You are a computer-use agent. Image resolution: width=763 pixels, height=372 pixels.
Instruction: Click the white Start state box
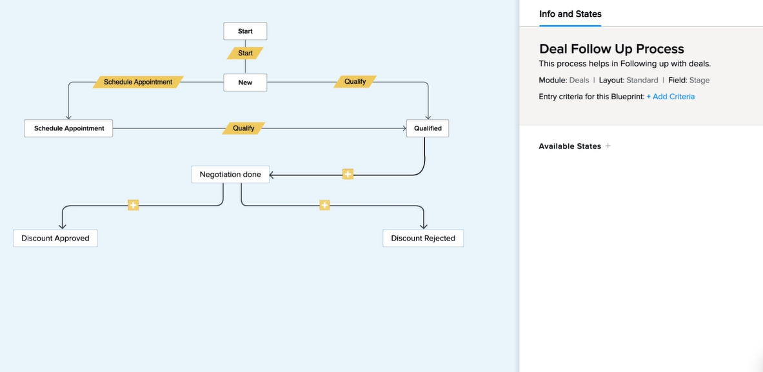pyautogui.click(x=245, y=31)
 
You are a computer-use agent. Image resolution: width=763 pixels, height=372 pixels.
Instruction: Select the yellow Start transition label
pyautogui.click(x=245, y=53)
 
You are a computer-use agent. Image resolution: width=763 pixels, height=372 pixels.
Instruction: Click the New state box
pyautogui.click(x=245, y=83)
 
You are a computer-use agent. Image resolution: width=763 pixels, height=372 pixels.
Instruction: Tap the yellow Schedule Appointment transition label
pyautogui.click(x=138, y=82)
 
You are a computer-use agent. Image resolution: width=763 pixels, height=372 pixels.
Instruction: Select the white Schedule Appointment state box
pyautogui.click(x=68, y=128)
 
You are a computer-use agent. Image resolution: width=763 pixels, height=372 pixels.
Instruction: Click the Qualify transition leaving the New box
pyautogui.click(x=355, y=82)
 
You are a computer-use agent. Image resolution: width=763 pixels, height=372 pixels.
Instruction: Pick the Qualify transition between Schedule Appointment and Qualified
pyautogui.click(x=243, y=128)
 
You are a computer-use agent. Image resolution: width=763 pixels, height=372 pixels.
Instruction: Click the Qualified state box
pyautogui.click(x=428, y=128)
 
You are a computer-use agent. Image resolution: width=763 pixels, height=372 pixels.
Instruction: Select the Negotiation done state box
pyautogui.click(x=230, y=174)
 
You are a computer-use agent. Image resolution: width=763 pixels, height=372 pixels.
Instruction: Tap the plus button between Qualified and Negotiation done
pyautogui.click(x=348, y=174)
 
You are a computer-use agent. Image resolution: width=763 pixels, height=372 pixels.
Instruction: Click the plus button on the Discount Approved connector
pyautogui.click(x=134, y=205)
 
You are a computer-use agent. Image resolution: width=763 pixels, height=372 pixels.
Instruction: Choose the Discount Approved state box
pyautogui.click(x=55, y=239)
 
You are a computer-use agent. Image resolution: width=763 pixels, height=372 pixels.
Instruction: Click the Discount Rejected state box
pyautogui.click(x=423, y=239)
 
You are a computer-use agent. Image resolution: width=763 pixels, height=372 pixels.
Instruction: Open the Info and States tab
pyautogui.click(x=570, y=14)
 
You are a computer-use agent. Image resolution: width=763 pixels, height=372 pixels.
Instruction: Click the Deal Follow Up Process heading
pyautogui.click(x=611, y=48)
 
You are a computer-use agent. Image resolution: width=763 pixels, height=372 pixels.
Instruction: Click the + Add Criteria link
pyautogui.click(x=671, y=96)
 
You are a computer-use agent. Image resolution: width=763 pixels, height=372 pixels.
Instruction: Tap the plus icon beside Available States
pyautogui.click(x=608, y=146)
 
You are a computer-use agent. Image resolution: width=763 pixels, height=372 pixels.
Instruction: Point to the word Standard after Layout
pyautogui.click(x=642, y=80)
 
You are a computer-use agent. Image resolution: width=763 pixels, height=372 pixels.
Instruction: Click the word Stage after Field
pyautogui.click(x=699, y=80)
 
